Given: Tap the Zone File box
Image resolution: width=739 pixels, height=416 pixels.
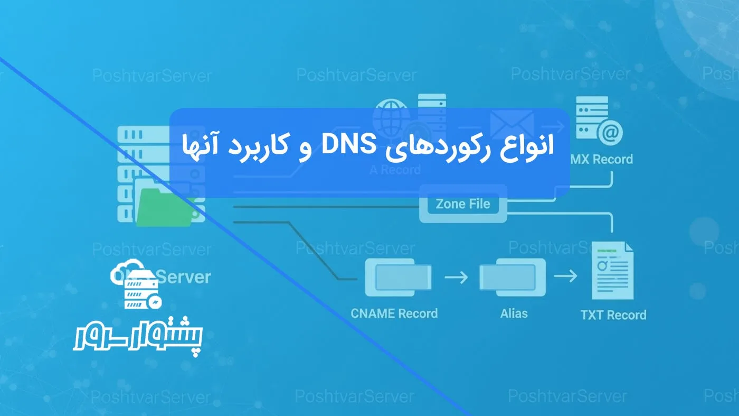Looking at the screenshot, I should pyautogui.click(x=463, y=204).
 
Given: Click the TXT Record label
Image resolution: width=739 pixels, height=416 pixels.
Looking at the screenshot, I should pyautogui.click(x=613, y=315).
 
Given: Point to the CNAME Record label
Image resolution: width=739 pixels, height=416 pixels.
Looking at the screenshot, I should pyautogui.click(x=394, y=313).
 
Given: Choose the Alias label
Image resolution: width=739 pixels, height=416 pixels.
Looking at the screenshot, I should pyautogui.click(x=514, y=313).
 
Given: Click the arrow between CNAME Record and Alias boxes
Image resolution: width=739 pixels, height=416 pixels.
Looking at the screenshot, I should pyautogui.click(x=456, y=277).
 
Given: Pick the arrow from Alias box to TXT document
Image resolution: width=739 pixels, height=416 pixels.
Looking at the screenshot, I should pyautogui.click(x=565, y=276).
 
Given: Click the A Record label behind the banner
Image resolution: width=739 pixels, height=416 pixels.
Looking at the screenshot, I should pyautogui.click(x=395, y=170).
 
